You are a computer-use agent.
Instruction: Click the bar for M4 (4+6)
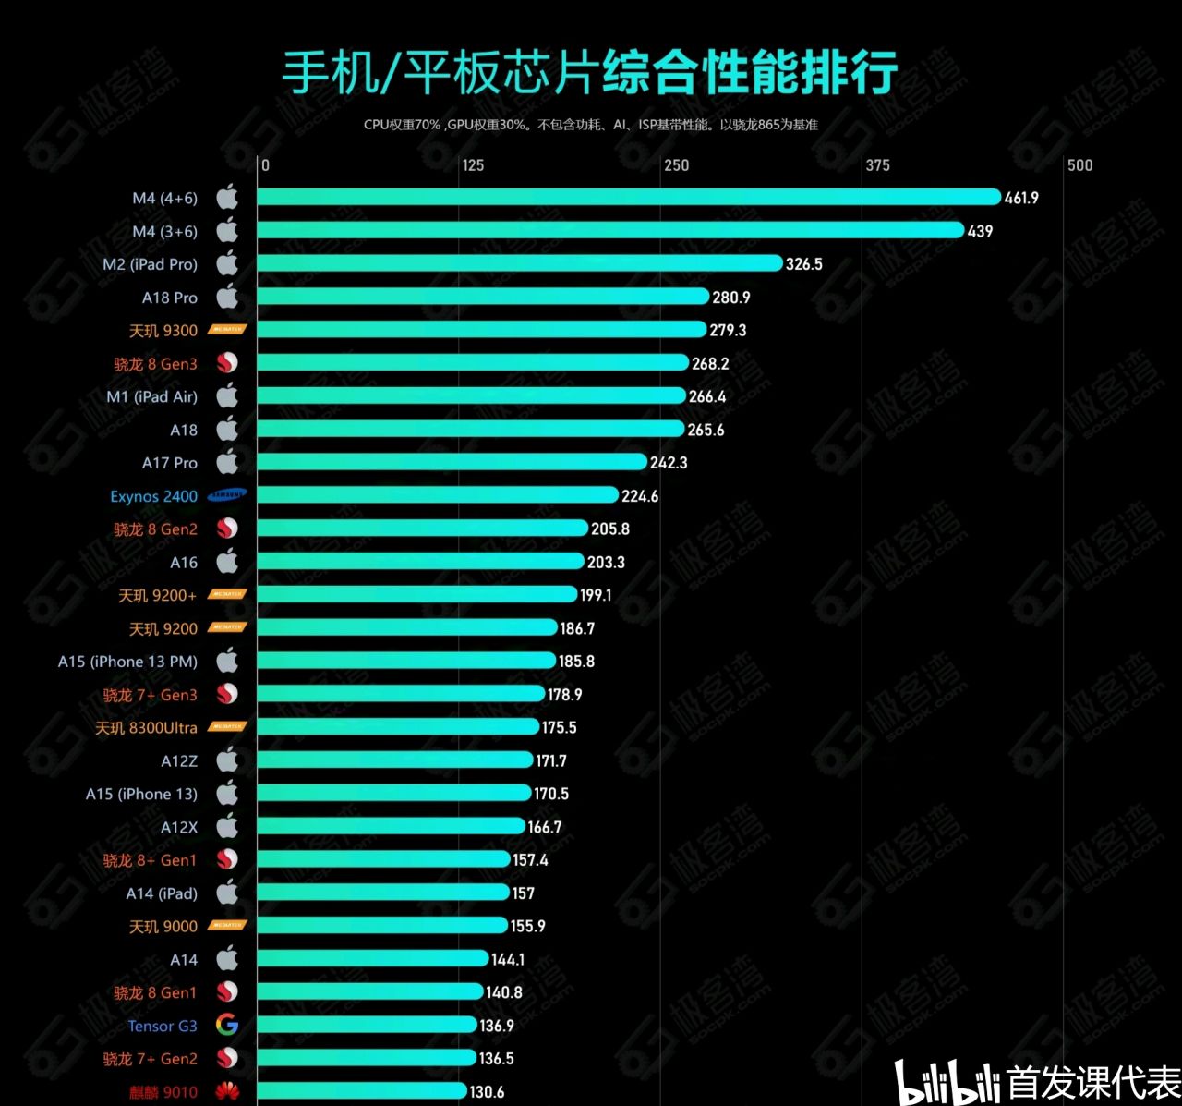[x=628, y=197]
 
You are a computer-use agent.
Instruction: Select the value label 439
[x=980, y=231]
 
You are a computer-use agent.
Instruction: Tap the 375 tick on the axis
[x=877, y=165]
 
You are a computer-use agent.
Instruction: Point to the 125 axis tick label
[x=473, y=165]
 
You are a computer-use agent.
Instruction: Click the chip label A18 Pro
[x=170, y=298]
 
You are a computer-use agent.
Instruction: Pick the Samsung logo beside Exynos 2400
[x=227, y=495]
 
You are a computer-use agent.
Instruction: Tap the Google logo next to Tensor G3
[x=227, y=1025]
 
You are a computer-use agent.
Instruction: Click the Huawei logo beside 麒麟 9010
[x=227, y=1092]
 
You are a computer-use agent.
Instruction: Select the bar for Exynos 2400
[x=437, y=495]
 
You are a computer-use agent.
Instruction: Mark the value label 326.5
[x=803, y=264]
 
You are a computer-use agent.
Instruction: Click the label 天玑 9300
[x=163, y=331]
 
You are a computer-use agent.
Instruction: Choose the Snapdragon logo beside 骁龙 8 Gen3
[x=227, y=363]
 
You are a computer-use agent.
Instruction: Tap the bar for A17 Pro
[x=452, y=462]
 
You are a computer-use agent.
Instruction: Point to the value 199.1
[x=596, y=595]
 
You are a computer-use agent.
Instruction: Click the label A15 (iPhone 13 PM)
[x=127, y=662]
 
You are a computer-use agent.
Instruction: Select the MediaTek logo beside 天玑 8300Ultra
[x=227, y=727]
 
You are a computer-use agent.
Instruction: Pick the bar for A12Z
[x=394, y=760]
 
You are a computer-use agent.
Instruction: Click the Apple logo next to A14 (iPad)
[x=227, y=893]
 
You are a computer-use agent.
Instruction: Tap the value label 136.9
[x=497, y=1026]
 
